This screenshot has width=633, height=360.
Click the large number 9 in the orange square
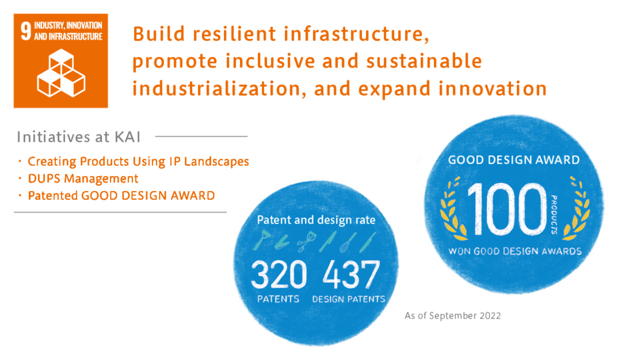pos(26,31)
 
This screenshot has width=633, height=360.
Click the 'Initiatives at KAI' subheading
pos(78,137)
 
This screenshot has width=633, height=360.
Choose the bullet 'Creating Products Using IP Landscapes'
pos(138,162)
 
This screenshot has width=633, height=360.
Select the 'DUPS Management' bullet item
pos(83,179)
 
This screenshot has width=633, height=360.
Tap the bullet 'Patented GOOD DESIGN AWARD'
pos(121,196)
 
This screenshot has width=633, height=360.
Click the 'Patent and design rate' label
pos(316,220)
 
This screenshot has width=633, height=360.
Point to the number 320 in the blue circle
pos(279,275)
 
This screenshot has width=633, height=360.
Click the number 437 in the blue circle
pos(351,275)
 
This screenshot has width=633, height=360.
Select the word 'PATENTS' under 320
pos(278,299)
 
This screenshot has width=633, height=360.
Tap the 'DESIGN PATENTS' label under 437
pos(349,299)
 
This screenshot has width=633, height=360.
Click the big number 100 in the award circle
pos(506,209)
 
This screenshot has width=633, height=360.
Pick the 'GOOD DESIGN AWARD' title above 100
pos(514,160)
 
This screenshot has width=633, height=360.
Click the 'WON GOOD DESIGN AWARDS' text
pos(515,251)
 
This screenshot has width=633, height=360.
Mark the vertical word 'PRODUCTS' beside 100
pos(554,214)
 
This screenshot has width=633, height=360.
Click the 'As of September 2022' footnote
pos(453,316)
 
